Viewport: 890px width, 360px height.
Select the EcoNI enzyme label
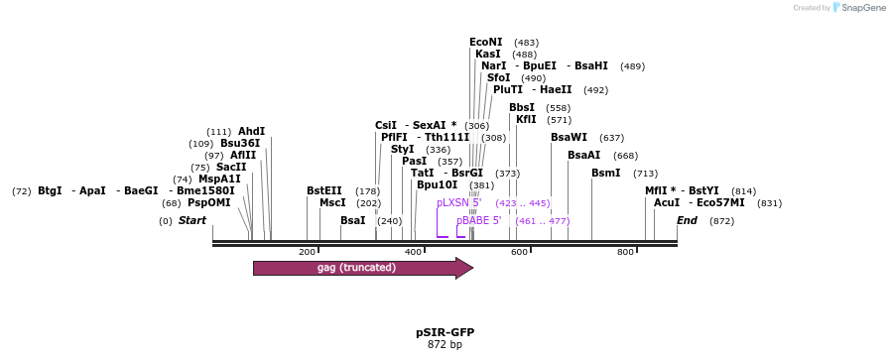click(x=486, y=43)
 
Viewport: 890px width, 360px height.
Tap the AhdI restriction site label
click(x=251, y=132)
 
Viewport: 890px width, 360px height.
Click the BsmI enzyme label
click(x=605, y=174)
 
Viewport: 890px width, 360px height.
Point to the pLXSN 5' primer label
click(x=458, y=202)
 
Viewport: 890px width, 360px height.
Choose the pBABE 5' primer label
click(x=478, y=220)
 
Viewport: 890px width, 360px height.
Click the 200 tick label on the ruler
click(x=307, y=252)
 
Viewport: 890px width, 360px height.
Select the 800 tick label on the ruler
click(x=625, y=252)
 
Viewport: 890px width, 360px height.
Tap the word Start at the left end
click(x=192, y=220)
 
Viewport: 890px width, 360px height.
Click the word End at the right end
click(x=687, y=220)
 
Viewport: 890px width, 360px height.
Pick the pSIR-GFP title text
click(x=445, y=332)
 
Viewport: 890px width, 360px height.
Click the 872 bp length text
click(x=445, y=345)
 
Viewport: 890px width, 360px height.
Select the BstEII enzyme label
click(x=324, y=190)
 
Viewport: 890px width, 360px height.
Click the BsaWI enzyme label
click(x=569, y=138)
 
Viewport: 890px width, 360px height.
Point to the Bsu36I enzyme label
click(x=239, y=144)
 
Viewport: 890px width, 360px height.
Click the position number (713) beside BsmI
click(x=645, y=174)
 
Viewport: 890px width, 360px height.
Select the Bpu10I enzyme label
click(x=437, y=184)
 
